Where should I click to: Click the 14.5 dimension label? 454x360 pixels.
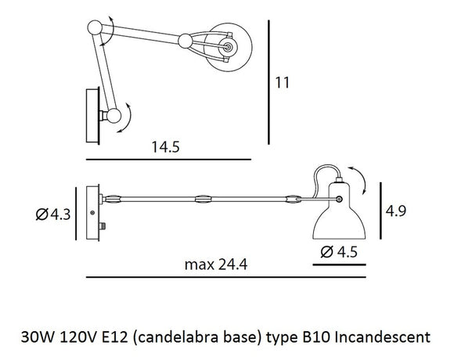[x=166, y=146]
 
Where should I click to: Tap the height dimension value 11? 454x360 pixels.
[x=282, y=83]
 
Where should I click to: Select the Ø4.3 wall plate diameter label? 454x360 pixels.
[x=53, y=214]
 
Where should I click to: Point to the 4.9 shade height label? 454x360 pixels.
[x=396, y=211]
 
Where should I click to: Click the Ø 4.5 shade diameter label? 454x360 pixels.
[x=339, y=251]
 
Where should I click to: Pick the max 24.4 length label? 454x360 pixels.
[x=216, y=265]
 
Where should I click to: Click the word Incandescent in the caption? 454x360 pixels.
[x=383, y=337]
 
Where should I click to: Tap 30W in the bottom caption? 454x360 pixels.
[x=38, y=337]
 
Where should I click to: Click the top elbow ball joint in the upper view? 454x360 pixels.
[x=95, y=27]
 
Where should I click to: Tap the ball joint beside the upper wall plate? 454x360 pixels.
[x=113, y=116]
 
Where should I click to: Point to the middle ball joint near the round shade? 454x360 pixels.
[x=185, y=41]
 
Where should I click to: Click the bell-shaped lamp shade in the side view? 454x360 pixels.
[x=339, y=212]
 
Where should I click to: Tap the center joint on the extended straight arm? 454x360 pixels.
[x=204, y=199]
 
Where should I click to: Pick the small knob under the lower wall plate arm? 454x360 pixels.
[x=103, y=225]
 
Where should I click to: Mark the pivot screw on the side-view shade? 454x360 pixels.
[x=339, y=199]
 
